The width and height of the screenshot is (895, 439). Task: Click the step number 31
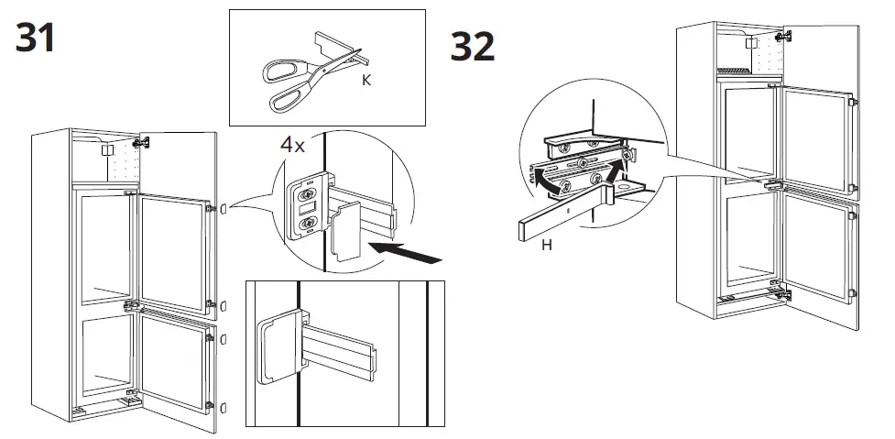(x=36, y=38)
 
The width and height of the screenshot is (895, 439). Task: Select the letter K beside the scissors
(x=366, y=81)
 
